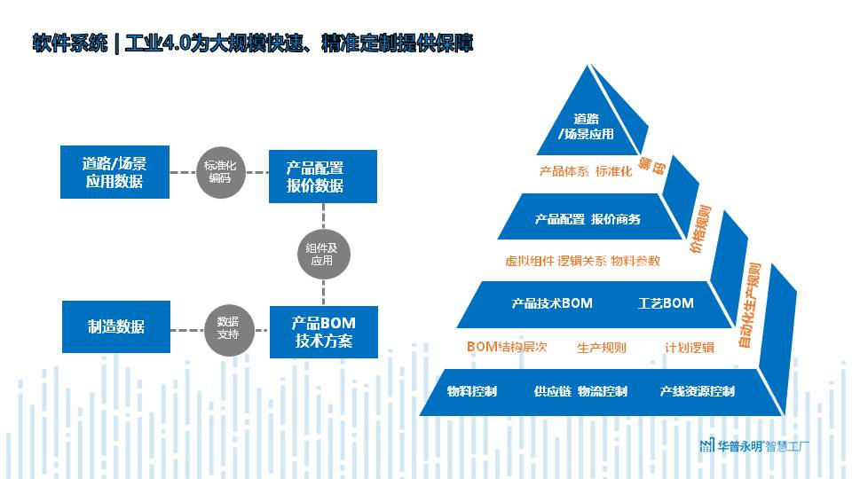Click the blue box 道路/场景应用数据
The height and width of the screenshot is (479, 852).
click(x=114, y=172)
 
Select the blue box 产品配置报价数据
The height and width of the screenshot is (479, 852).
click(x=323, y=177)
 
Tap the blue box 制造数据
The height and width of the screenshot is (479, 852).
click(x=115, y=326)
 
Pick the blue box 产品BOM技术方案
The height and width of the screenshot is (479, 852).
click(x=323, y=332)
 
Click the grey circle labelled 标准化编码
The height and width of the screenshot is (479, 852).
click(x=219, y=171)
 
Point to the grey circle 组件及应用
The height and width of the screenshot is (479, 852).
click(x=322, y=255)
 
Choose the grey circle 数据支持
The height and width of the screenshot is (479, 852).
click(x=228, y=327)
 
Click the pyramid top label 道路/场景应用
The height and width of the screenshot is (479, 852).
click(x=587, y=127)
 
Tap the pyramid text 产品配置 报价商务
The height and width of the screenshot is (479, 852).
click(x=588, y=219)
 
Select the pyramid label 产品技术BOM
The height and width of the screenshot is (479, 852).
click(x=552, y=303)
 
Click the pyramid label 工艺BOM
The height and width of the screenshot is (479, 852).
click(x=666, y=303)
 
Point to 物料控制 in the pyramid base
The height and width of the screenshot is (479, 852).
click(x=472, y=391)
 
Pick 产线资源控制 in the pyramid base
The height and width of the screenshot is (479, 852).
click(x=698, y=391)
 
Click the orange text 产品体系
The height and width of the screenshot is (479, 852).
click(x=564, y=171)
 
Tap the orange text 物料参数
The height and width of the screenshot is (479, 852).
click(x=635, y=261)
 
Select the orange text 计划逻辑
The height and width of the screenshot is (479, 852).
click(x=690, y=348)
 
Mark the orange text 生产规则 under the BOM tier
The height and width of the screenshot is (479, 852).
click(x=602, y=348)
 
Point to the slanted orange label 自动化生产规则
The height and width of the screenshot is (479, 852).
click(x=751, y=304)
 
